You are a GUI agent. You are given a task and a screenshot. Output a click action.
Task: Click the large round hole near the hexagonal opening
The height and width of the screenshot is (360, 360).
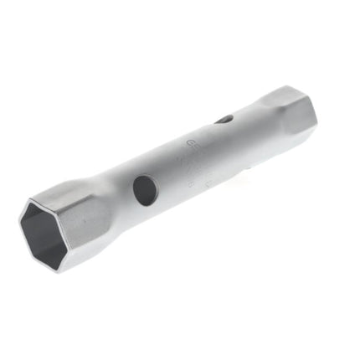pyautogui.click(x=145, y=190)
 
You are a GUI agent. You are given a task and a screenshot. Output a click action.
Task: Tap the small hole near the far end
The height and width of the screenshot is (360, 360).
pyautogui.click(x=224, y=120)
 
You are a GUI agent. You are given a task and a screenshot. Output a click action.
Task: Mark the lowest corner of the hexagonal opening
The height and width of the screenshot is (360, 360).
pyautogui.click(x=61, y=270)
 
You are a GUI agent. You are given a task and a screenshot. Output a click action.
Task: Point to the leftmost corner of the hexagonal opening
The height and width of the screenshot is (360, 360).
pyautogui.click(x=20, y=223)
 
